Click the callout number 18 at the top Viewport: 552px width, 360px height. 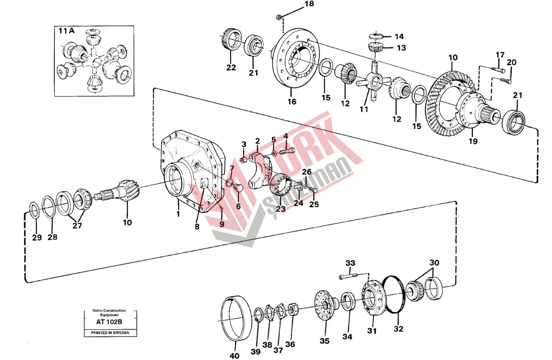(x=308, y=5)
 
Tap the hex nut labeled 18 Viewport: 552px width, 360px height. (x=279, y=18)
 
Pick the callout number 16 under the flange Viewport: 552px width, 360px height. (x=292, y=102)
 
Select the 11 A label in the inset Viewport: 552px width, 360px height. (x=66, y=31)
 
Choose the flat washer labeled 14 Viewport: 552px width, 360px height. (x=375, y=35)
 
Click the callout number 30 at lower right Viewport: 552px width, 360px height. (x=434, y=263)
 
